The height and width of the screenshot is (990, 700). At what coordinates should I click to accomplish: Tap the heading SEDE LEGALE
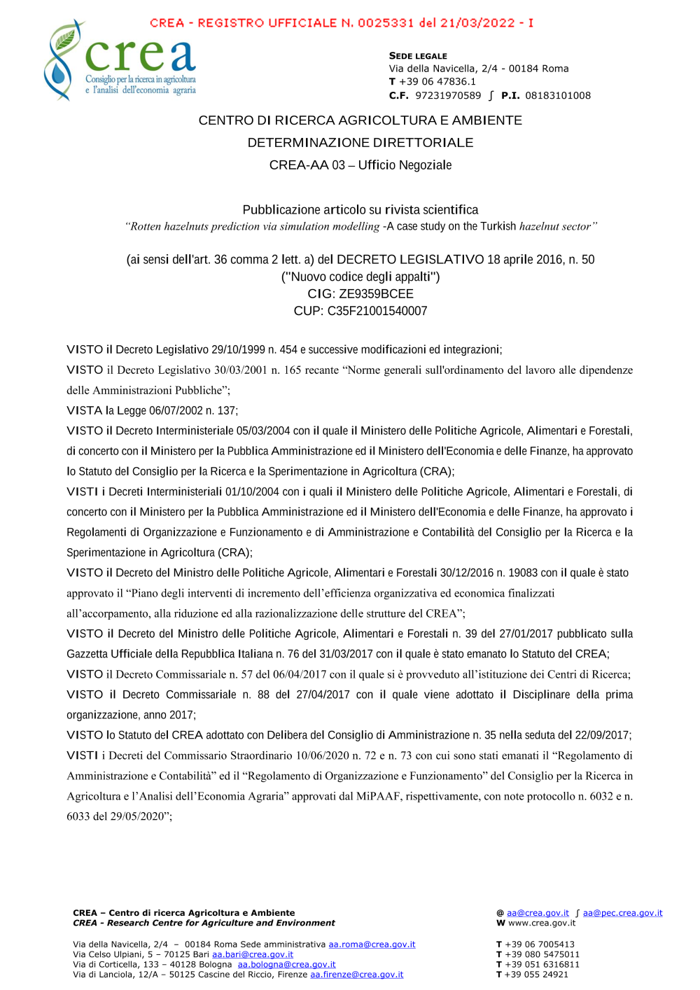coord(418,56)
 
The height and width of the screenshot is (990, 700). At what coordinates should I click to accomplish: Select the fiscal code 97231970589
coord(448,96)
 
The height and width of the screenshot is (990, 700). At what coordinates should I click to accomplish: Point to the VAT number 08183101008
coord(558,96)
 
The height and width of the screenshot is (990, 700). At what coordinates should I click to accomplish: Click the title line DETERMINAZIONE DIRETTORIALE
coord(360,143)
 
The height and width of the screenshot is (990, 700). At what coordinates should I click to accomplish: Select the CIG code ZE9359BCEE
coord(376,294)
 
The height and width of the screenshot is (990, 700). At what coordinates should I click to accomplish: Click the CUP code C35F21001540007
coord(377,311)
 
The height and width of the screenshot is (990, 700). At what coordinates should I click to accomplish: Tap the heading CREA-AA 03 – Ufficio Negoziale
coord(360,165)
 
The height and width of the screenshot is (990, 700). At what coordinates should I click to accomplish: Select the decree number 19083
coord(523,573)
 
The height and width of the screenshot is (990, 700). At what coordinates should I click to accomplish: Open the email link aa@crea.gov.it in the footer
coord(538,913)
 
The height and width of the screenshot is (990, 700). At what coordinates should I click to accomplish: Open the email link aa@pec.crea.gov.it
coord(622,913)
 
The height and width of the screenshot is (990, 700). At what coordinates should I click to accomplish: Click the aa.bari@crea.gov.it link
coord(253,954)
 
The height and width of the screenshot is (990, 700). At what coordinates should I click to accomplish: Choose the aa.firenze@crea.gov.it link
coord(356,975)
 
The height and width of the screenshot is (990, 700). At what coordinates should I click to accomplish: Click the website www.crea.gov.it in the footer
coord(542,923)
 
